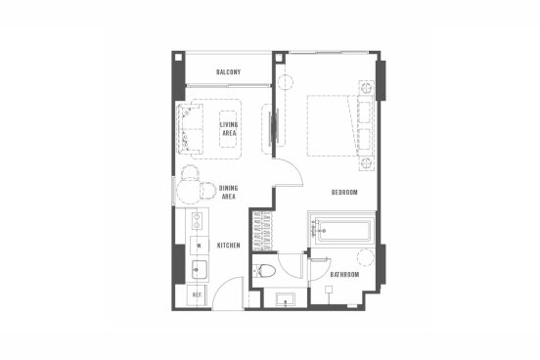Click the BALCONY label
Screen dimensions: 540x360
[228, 72]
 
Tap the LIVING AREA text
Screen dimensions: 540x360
[229, 129]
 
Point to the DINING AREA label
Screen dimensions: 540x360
[228, 193]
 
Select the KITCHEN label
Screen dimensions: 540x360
[228, 246]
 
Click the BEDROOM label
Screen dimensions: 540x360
[344, 193]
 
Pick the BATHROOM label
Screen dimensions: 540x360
[344, 275]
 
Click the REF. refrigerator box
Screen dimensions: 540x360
[197, 295]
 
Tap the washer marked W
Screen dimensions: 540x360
[199, 246]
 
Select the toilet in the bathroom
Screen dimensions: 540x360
[264, 271]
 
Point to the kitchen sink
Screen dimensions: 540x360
[200, 270]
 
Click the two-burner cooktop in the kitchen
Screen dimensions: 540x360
[197, 221]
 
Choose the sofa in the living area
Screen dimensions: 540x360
[190, 129]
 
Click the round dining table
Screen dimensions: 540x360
[189, 192]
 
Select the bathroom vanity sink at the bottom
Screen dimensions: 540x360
[285, 299]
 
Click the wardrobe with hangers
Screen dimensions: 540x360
[262, 232]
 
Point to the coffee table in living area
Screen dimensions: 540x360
[228, 129]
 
